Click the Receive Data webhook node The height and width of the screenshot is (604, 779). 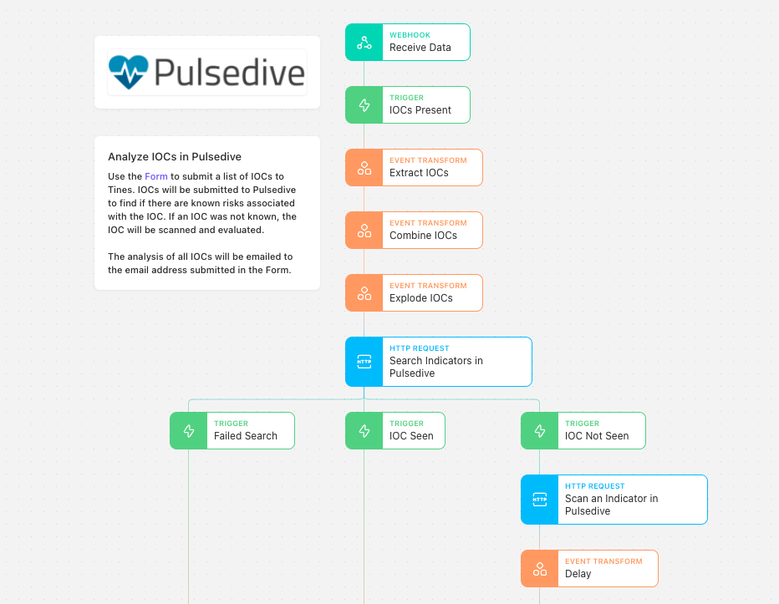pyautogui.click(x=407, y=43)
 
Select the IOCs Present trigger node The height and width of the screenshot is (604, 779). pyautogui.click(x=407, y=104)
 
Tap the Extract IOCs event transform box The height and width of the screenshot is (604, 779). pyautogui.click(x=414, y=167)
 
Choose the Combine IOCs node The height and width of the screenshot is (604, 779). pyautogui.click(x=414, y=230)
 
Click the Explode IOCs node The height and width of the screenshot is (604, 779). pyautogui.click(x=414, y=292)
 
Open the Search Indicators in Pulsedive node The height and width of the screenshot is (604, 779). pyautogui.click(x=439, y=362)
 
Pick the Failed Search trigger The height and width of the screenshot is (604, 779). pyautogui.click(x=232, y=430)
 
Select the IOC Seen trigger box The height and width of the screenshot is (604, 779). pyautogui.click(x=395, y=430)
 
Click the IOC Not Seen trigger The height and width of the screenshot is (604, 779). pyautogui.click(x=583, y=430)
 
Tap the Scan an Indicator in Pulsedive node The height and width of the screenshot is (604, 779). pyautogui.click(x=614, y=500)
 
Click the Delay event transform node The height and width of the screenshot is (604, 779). pyautogui.click(x=589, y=568)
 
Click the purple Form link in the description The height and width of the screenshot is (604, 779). pyautogui.click(x=156, y=176)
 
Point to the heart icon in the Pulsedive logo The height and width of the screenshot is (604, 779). pyautogui.click(x=128, y=72)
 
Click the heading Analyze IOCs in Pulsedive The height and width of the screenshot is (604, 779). pyautogui.click(x=175, y=156)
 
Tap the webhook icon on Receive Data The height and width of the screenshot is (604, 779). pyautogui.click(x=364, y=43)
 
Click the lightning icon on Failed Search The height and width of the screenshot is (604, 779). pyautogui.click(x=189, y=430)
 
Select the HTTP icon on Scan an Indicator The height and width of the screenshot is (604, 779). pyautogui.click(x=540, y=500)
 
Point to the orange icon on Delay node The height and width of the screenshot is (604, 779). pyautogui.click(x=540, y=568)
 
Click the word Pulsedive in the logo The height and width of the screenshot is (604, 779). pyautogui.click(x=229, y=73)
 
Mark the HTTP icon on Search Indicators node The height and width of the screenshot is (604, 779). pyautogui.click(x=364, y=362)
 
